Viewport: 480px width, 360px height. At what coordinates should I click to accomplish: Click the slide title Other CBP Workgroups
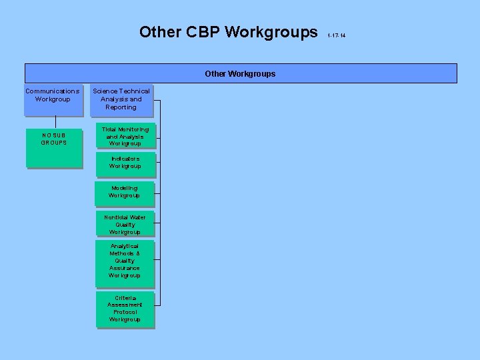229,32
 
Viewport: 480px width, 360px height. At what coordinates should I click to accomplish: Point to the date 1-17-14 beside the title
337,35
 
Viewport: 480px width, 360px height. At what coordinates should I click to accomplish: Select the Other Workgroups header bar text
240,73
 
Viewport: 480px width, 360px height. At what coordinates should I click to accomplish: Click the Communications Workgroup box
53,99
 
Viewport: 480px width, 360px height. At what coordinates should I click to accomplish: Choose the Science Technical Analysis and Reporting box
121,99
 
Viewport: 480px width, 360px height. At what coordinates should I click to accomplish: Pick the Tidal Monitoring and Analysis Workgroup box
125,136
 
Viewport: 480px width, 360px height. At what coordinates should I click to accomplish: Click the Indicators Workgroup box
125,163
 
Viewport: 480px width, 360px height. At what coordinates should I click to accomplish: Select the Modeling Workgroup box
125,192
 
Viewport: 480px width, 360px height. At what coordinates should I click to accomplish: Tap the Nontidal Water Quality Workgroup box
125,225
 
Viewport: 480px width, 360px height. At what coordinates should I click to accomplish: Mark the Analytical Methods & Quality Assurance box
125,261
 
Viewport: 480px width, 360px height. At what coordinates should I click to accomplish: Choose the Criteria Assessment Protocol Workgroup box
125,309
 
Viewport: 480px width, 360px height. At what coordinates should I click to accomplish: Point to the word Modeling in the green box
125,188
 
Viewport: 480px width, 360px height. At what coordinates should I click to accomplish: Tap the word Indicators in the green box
125,159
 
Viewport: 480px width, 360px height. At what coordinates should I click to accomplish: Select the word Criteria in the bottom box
125,298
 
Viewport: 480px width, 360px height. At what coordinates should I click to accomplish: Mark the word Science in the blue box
105,91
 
